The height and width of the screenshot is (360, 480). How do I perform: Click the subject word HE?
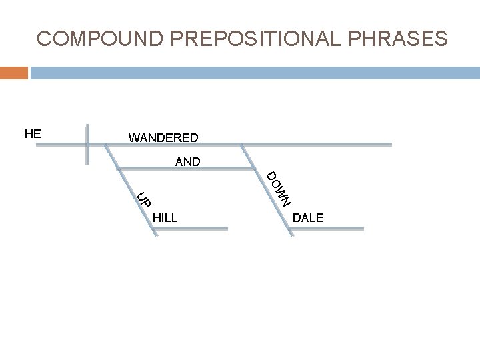33,133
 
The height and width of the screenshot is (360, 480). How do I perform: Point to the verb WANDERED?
163,138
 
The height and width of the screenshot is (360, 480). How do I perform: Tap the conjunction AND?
187,161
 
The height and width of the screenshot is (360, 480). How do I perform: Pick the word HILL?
165,217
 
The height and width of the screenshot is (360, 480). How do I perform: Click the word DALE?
308,217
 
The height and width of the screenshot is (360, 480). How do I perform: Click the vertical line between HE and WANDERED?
87,143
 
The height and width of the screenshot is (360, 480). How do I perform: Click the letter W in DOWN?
282,191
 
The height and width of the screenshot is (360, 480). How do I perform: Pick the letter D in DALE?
297,217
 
